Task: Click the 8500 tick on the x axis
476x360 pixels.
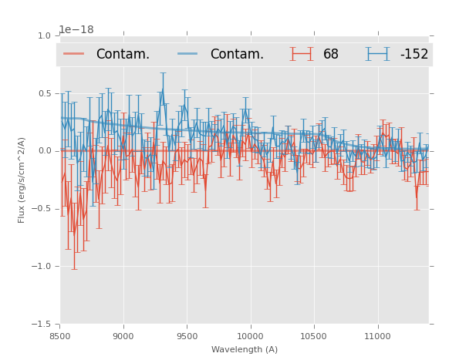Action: click(x=60, y=336)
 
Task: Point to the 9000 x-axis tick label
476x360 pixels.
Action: click(x=123, y=336)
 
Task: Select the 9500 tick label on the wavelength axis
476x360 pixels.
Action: click(x=187, y=336)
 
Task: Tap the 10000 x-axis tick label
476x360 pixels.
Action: click(x=250, y=336)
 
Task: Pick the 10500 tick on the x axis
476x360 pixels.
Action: click(x=313, y=336)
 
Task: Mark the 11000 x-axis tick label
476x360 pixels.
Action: click(x=377, y=336)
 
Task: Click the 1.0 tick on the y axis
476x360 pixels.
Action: click(x=44, y=36)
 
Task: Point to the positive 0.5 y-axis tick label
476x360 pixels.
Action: click(x=44, y=94)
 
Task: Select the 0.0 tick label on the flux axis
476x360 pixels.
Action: click(x=44, y=151)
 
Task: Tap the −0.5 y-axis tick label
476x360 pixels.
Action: click(x=42, y=209)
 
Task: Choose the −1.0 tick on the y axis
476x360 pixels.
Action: click(x=42, y=267)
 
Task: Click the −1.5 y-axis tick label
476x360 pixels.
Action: click(x=42, y=325)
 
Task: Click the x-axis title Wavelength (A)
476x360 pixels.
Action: click(x=245, y=349)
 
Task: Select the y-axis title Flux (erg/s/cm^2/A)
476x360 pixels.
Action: click(x=22, y=180)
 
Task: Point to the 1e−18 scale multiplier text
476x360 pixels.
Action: click(x=76, y=30)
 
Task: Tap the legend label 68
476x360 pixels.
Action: click(x=331, y=55)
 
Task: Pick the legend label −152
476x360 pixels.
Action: click(x=414, y=55)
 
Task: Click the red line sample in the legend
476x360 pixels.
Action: click(x=74, y=54)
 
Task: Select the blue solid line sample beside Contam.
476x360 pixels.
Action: click(x=188, y=54)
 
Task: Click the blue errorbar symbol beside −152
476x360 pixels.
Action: click(x=377, y=54)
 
